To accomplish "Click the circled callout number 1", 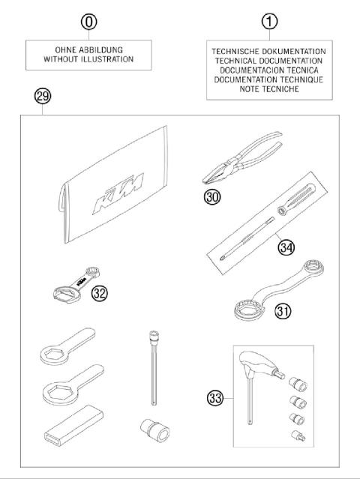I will point(268,22).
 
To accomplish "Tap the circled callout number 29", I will point(42,96).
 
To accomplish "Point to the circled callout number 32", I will point(100,292).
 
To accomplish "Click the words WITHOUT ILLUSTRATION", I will point(89,58).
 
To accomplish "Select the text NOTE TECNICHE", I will point(268,89).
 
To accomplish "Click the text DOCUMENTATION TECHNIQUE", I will point(268,79).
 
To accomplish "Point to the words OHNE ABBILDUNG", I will point(89,49).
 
